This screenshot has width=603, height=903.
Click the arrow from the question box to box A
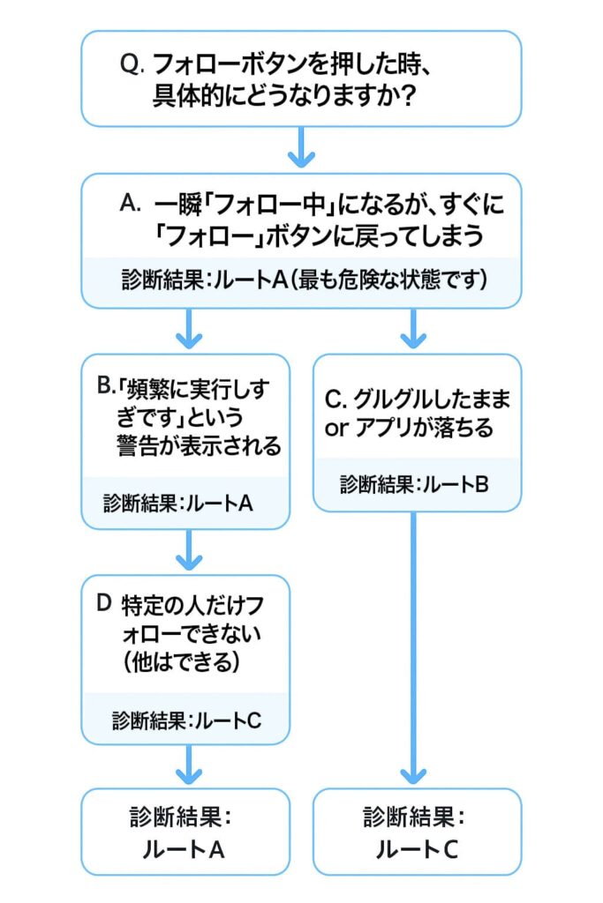(302, 147)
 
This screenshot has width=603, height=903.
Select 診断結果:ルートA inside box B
(178, 504)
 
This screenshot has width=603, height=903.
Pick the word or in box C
(336, 429)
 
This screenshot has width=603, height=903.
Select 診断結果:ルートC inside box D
(186, 719)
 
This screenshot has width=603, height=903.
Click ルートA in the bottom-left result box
(186, 850)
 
